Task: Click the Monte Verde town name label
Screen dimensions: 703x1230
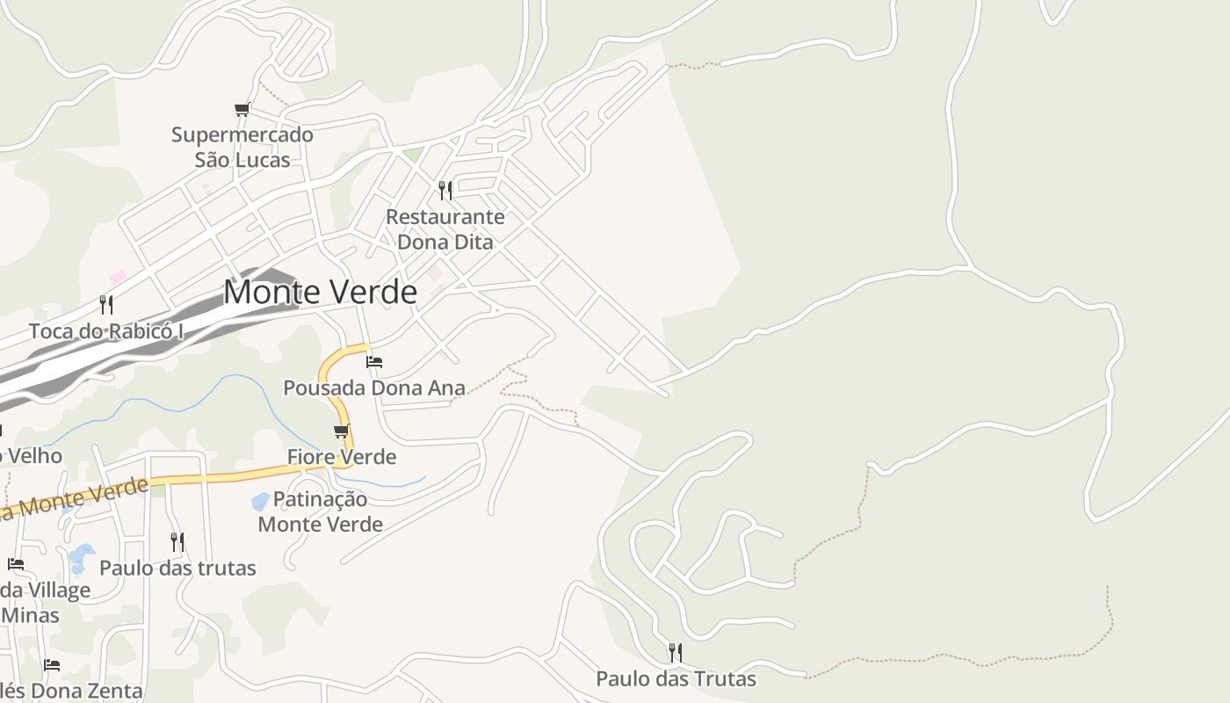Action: coord(320,292)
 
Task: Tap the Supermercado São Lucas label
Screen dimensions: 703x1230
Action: coord(242,148)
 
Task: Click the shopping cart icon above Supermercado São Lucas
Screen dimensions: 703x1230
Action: coord(242,109)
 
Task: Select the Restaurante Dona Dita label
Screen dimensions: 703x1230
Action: coord(445,228)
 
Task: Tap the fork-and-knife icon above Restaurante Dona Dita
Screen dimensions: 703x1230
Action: coord(445,190)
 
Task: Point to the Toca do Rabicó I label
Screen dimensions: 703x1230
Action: coord(106,331)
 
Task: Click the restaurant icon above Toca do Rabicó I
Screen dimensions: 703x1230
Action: coord(106,305)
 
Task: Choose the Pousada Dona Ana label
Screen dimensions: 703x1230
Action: coord(374,388)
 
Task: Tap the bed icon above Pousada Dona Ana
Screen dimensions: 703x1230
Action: coord(374,361)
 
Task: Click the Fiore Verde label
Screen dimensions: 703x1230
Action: coord(342,457)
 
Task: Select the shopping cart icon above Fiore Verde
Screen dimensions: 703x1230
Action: coord(342,431)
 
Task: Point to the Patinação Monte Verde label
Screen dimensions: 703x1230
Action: coord(320,511)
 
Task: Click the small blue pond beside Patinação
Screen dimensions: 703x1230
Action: coord(260,502)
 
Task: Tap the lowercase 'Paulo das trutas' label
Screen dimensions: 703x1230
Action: coord(177,568)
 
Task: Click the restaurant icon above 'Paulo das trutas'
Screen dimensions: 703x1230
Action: coord(177,541)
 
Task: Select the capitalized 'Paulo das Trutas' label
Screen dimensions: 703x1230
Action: coord(676,678)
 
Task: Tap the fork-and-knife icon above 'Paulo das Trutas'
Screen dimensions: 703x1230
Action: coord(676,652)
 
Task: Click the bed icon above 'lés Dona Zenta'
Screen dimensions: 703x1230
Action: coord(52,665)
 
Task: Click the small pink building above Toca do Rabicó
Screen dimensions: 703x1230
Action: coord(117,277)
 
